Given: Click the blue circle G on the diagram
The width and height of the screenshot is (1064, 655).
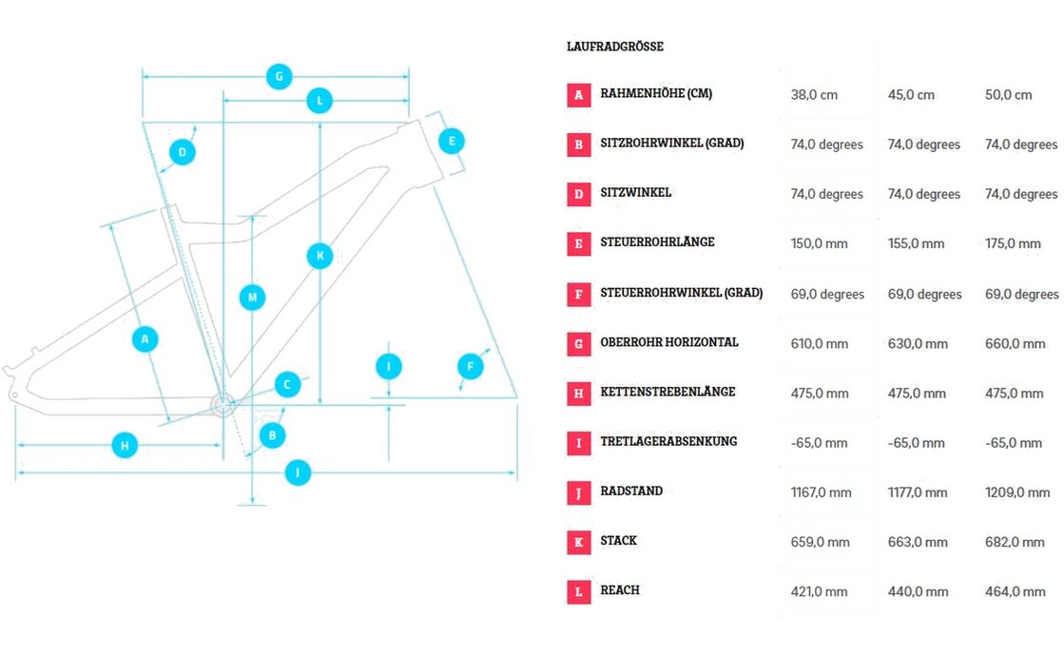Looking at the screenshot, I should [279, 76].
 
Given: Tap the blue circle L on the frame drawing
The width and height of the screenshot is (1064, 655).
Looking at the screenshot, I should [320, 100].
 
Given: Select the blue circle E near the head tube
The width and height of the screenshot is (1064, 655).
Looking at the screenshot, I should [452, 142].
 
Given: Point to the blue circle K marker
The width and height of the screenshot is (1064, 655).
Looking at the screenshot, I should [320, 255].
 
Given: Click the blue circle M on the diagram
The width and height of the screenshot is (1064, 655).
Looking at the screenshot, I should [252, 298].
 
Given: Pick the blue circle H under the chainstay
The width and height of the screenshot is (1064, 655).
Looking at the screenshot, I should [125, 444].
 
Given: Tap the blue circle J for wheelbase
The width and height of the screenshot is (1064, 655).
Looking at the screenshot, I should [298, 472].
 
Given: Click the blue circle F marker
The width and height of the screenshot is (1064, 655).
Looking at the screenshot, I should [470, 366].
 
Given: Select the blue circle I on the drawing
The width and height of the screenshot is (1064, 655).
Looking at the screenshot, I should [388, 366].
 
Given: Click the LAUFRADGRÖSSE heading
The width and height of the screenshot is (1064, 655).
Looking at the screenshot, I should [614, 47].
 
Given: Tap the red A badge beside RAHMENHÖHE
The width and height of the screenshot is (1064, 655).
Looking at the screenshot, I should [578, 95].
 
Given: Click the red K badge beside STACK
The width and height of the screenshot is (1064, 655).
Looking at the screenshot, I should [578, 542].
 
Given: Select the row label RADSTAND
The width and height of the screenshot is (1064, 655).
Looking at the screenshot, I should [631, 491].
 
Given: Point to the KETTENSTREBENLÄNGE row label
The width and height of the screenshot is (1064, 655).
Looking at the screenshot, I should [667, 392].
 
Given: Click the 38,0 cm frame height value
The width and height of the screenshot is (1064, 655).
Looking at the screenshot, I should [814, 95].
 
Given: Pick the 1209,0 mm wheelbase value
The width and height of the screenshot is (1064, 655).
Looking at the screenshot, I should [1017, 492].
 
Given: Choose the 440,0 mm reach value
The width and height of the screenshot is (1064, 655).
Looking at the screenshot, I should [918, 591].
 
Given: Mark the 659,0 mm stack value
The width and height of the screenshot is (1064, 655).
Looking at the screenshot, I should [820, 542].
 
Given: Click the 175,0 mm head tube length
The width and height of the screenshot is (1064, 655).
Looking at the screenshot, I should [1013, 243].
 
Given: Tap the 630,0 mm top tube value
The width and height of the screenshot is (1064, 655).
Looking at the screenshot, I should [918, 343].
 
